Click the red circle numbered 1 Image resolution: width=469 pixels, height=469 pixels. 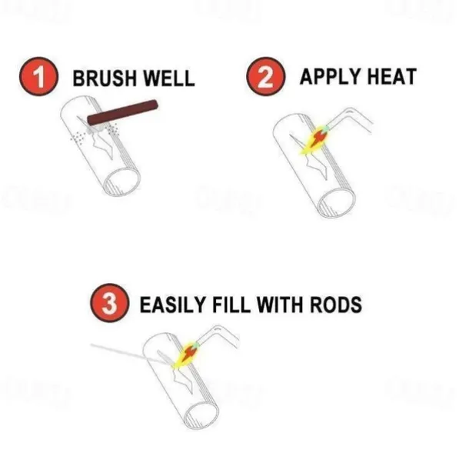(x=39, y=76)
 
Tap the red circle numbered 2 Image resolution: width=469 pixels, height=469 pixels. (x=265, y=76)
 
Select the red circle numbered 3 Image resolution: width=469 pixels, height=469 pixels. (x=109, y=303)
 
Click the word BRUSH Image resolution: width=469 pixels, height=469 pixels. (x=105, y=78)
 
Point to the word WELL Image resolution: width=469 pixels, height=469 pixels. (x=168, y=78)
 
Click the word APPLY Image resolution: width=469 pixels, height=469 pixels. (x=331, y=77)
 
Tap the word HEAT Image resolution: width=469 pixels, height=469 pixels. (x=392, y=77)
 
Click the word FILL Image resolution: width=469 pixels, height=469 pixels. (x=231, y=304)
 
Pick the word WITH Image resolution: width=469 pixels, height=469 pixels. (x=281, y=304)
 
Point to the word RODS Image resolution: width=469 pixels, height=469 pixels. (x=336, y=304)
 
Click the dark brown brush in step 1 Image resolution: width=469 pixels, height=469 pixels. (x=123, y=112)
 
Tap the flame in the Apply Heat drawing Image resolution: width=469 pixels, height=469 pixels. (x=314, y=140)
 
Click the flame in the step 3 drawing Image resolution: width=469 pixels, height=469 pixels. (x=186, y=354)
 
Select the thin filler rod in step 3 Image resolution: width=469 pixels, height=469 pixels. (x=131, y=354)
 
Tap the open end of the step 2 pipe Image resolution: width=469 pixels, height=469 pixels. (x=337, y=203)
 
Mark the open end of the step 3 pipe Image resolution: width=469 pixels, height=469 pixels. (x=201, y=415)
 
